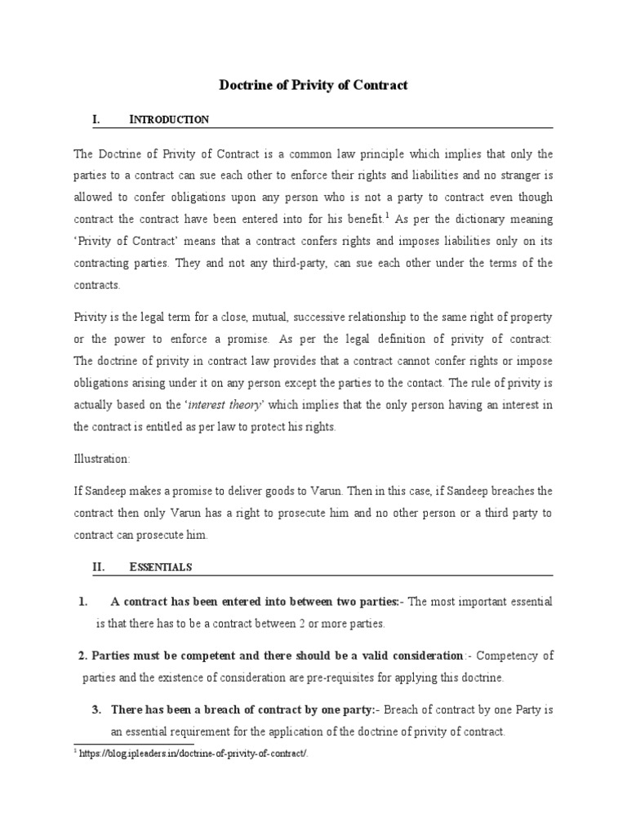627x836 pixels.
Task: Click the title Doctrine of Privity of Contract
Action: (x=313, y=85)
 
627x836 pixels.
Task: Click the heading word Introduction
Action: (x=169, y=120)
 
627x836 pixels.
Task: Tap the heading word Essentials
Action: (x=161, y=566)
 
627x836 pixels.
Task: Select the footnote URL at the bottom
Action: (x=194, y=753)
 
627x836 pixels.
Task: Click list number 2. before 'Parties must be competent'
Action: (x=82, y=656)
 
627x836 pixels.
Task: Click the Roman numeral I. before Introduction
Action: (x=96, y=120)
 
